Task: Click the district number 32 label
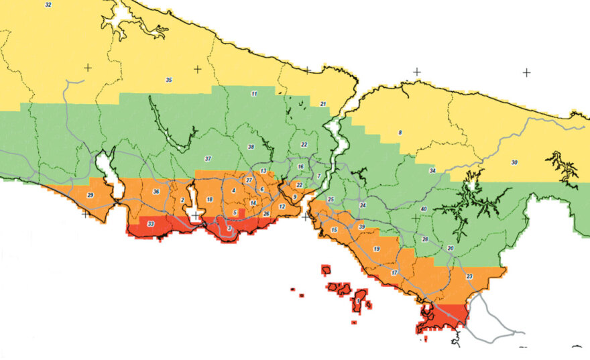tap(48, 5)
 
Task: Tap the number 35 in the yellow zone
tap(169, 80)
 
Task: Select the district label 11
tap(254, 93)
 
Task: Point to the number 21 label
tap(322, 104)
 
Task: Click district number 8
tap(400, 133)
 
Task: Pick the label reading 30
tap(514, 163)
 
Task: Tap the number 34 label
tap(432, 171)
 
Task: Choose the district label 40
tap(423, 209)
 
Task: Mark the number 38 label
tap(251, 147)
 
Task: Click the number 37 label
tap(208, 159)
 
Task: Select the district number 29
tap(91, 196)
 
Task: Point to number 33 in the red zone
tap(151, 224)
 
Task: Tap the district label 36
tap(156, 192)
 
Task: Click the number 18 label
tap(210, 200)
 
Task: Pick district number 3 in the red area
tap(229, 229)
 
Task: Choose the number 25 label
tap(331, 200)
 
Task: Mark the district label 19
tap(377, 249)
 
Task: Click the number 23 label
tap(469, 276)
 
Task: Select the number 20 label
tap(451, 248)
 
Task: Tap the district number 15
tap(334, 230)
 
